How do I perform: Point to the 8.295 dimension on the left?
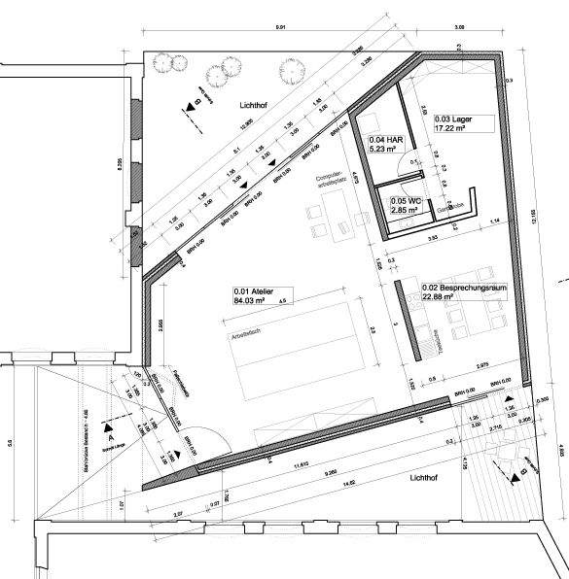(120, 165)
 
